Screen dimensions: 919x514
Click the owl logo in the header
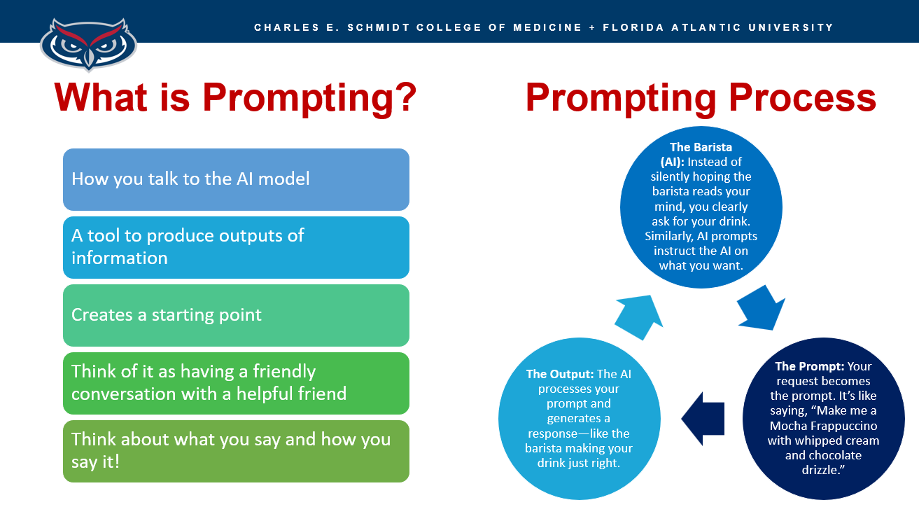88,44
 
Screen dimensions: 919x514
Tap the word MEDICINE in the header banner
547,27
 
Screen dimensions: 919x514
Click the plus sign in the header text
592,28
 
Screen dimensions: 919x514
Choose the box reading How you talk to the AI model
236,179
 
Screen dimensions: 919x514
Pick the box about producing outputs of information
236,247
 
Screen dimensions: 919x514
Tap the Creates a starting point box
236,315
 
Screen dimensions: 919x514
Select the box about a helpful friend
236,383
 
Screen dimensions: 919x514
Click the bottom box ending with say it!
236,451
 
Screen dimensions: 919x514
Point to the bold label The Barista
701,147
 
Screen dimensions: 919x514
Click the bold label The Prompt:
809,366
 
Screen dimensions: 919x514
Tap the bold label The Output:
560,374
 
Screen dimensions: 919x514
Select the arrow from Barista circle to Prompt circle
761,308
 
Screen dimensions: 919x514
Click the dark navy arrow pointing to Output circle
703,419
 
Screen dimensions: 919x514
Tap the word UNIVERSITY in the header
791,27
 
